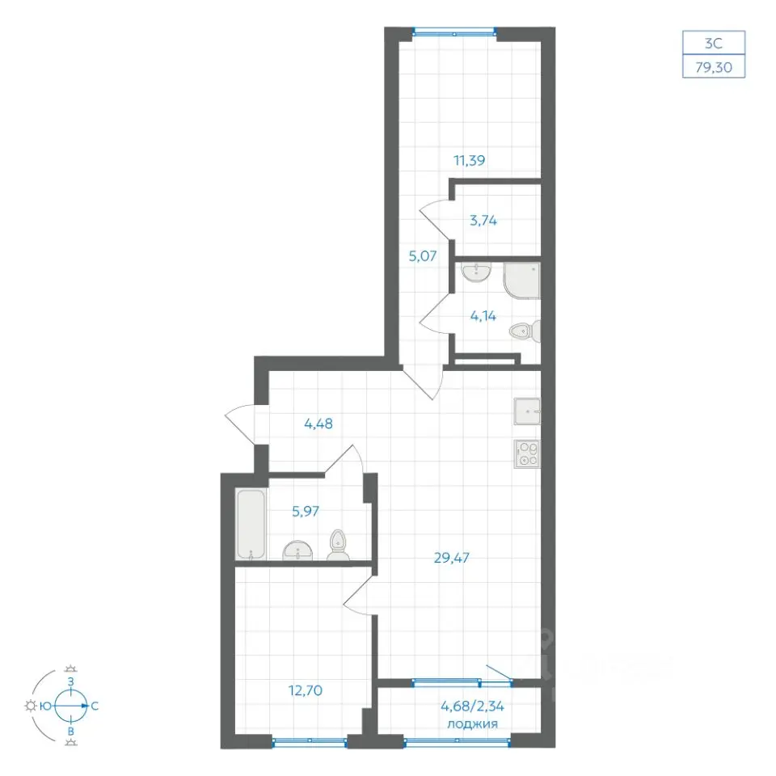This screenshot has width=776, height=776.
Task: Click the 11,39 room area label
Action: pos(469,160)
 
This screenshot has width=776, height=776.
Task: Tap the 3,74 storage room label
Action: pos(483,220)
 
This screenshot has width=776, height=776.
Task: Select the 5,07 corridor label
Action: pos(423,256)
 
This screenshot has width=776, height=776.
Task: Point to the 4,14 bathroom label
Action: pos(483,316)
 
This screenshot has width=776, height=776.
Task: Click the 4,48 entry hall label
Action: pos(318,424)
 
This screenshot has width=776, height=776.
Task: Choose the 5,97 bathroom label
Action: pos(306,511)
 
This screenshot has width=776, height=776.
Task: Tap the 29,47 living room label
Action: pos(451,558)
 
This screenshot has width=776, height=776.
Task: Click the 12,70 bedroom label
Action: pos(306,690)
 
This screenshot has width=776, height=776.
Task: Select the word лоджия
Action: pos(472,724)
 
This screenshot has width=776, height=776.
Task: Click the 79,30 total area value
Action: pos(714,67)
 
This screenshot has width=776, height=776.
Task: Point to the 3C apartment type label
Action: pos(714,44)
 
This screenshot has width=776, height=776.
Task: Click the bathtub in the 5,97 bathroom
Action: pos(251,525)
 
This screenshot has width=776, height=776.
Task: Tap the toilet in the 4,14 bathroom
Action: pos(525,331)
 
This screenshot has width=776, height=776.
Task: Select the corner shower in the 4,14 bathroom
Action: pos(521,280)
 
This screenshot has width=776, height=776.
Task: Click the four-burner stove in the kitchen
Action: pos(527,453)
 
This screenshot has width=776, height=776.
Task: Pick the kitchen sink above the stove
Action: pos(527,411)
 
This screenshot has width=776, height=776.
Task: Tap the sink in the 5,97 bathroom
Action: pos(298,550)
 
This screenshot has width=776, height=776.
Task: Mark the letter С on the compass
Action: pos(95,706)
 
